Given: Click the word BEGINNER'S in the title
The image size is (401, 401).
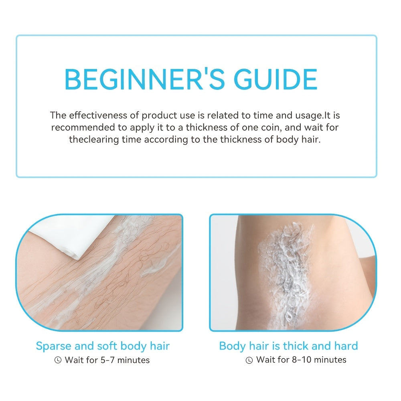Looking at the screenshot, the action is [144, 79].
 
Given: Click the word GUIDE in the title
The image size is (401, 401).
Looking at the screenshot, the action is [276, 79].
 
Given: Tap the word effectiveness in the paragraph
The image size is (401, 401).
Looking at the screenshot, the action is [98, 115].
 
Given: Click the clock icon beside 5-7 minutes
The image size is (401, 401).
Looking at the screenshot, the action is [58, 360].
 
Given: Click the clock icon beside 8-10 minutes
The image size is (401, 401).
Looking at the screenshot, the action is [249, 360].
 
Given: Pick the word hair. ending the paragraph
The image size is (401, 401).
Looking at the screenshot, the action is [311, 140].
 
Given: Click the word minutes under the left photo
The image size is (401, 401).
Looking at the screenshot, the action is [134, 360].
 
